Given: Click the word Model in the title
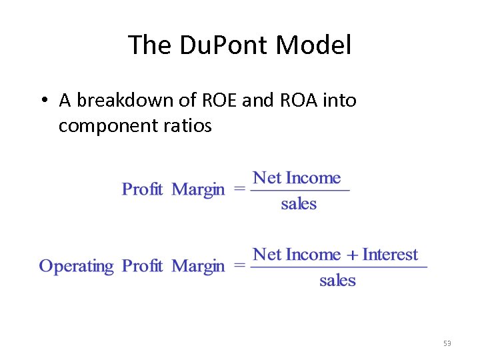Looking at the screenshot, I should pyautogui.click(x=313, y=45).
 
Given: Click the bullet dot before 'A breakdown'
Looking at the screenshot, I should pyautogui.click(x=42, y=101).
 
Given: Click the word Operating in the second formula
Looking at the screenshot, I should pyautogui.click(x=76, y=267).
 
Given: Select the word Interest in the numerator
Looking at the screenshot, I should pyautogui.click(x=390, y=255).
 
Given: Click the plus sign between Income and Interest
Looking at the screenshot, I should pyautogui.click(x=352, y=255).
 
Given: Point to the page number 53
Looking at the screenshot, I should pyautogui.click(x=447, y=343).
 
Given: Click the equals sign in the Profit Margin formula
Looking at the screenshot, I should pyautogui.click(x=239, y=190).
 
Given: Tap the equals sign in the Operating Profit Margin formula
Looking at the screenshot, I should pyautogui.click(x=239, y=267).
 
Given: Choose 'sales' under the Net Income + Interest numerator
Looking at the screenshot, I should pyautogui.click(x=337, y=281).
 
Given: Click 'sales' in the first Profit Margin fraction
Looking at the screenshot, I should pyautogui.click(x=299, y=204).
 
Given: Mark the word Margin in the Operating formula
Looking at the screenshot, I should pyautogui.click(x=198, y=267).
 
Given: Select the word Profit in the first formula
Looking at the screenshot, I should pyautogui.click(x=142, y=190).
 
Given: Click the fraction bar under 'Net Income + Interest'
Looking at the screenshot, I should pyautogui.click(x=339, y=267).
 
